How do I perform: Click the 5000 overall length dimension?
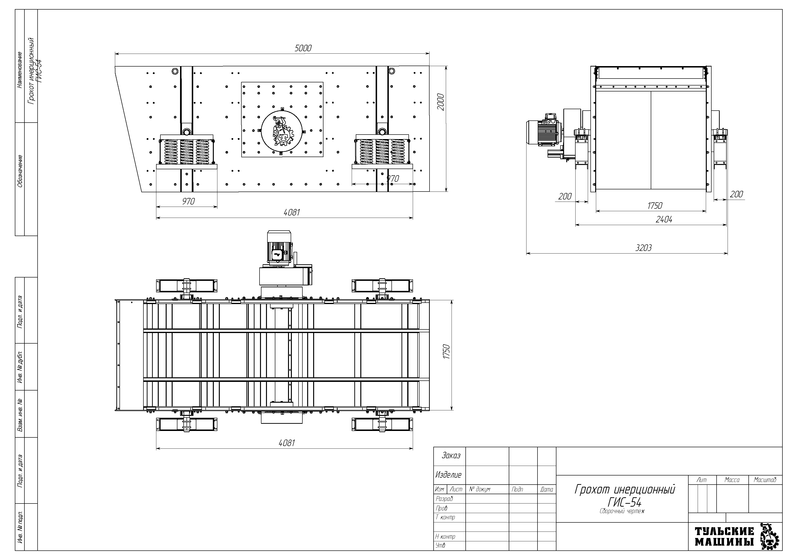tap(303, 48)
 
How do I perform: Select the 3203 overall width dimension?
tap(644, 248)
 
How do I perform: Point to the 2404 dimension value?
tap(664, 220)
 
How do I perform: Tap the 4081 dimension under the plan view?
tap(287, 443)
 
